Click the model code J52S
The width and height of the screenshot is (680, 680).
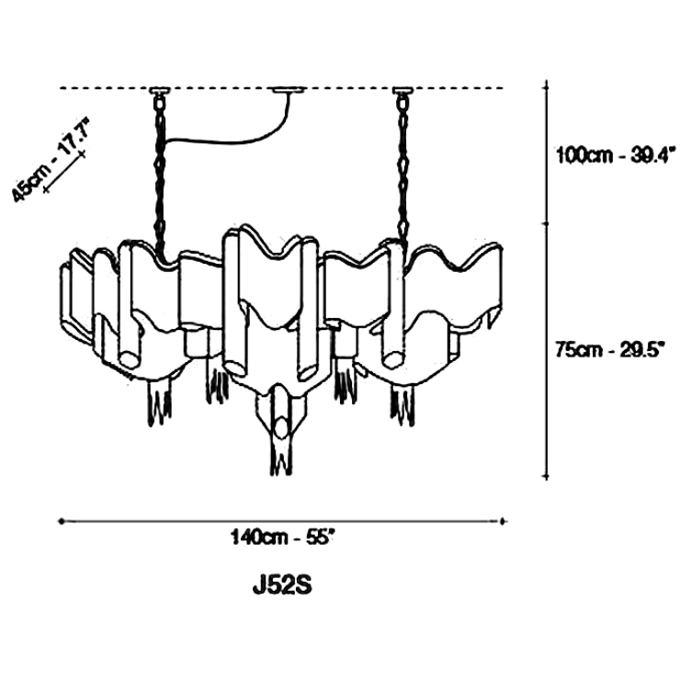pos(282,585)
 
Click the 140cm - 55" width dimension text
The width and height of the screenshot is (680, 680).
pos(283,538)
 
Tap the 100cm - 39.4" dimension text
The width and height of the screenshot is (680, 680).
pos(616,154)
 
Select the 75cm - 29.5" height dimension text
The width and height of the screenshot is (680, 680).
pos(610,349)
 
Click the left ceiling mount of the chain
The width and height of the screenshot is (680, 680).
pos(160,91)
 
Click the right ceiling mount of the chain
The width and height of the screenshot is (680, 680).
pos(402,91)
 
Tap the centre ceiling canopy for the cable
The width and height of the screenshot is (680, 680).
pos(289,90)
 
